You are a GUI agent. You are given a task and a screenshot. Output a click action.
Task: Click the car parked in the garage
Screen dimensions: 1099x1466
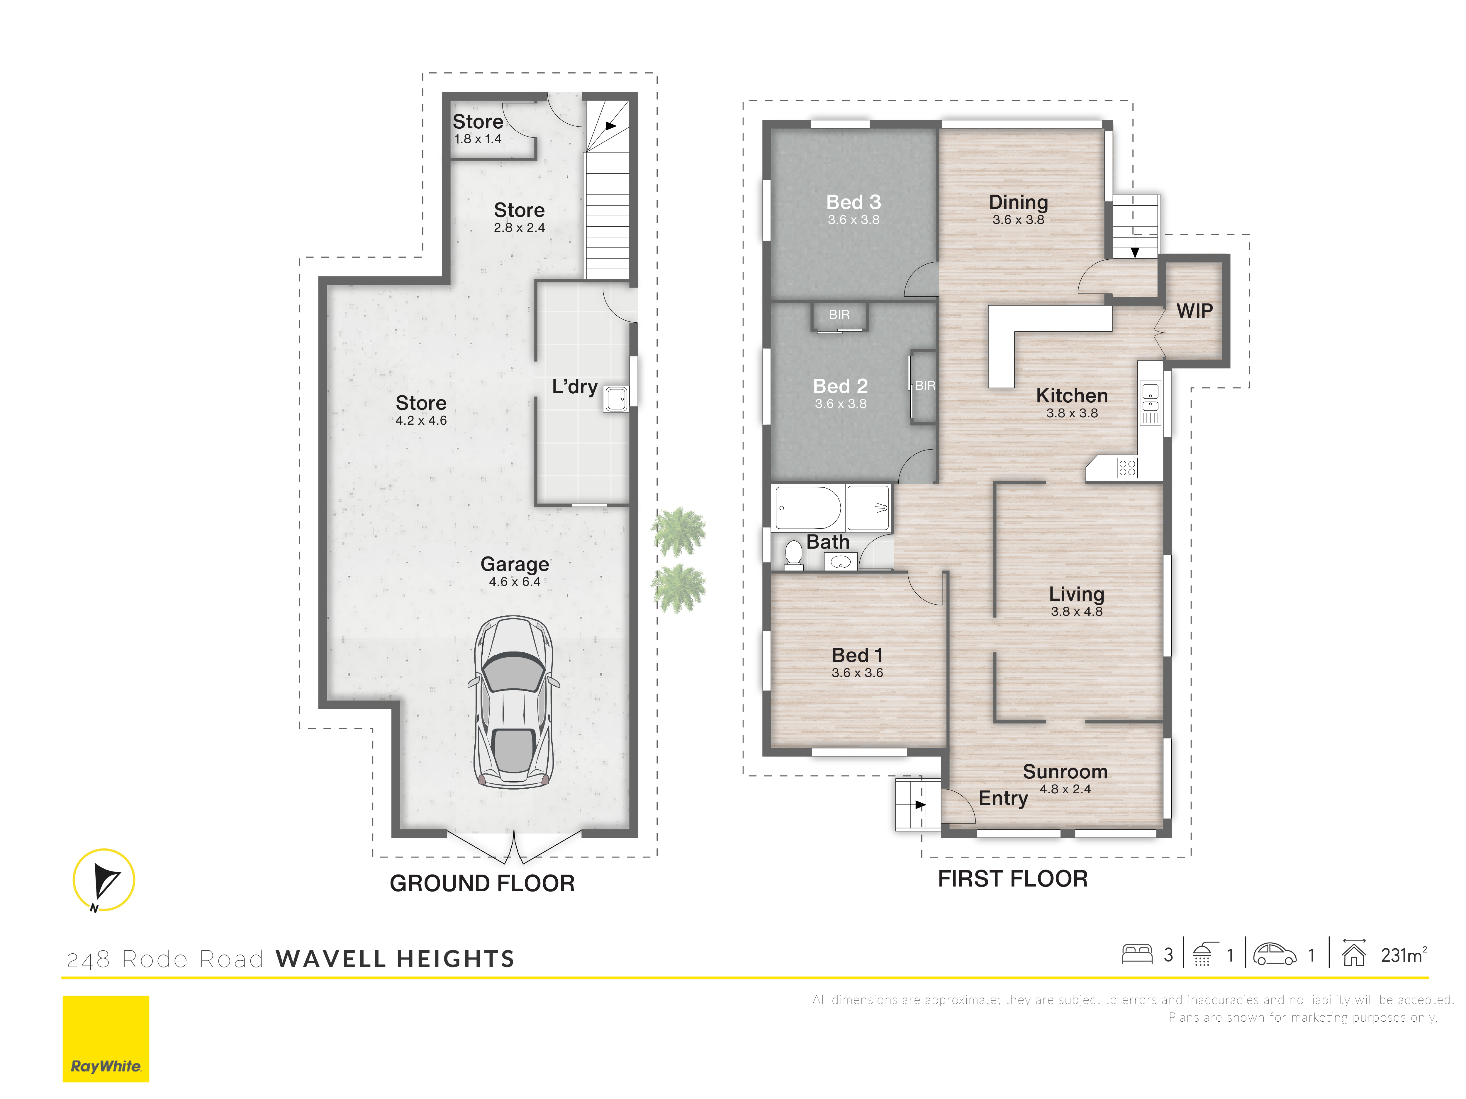pos(514,702)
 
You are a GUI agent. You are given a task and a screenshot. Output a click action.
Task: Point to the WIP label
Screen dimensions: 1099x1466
pos(1194,311)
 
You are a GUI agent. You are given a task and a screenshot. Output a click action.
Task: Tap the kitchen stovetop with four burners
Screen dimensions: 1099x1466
pos(1127,468)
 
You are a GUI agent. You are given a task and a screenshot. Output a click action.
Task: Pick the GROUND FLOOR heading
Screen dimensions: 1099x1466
pos(482,883)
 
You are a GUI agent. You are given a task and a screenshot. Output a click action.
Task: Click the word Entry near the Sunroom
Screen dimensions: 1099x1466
pos(1003,798)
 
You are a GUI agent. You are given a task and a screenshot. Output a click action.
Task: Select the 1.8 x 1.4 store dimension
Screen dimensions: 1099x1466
pos(477,139)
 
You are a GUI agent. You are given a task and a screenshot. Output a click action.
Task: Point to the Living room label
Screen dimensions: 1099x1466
pos(1076,594)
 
